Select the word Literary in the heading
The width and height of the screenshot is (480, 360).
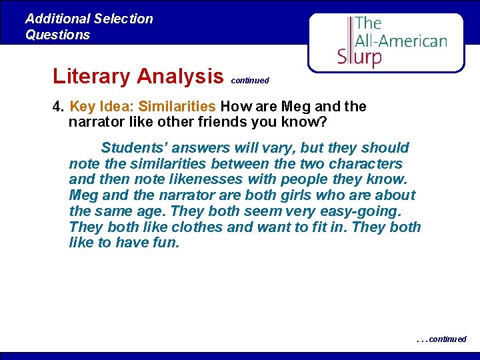pos(91,76)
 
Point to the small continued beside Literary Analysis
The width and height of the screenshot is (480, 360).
pos(250,81)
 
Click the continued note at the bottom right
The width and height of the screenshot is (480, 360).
pos(443,339)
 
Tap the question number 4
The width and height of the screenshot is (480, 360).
pos(57,107)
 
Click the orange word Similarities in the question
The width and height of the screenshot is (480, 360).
pos(177,107)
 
